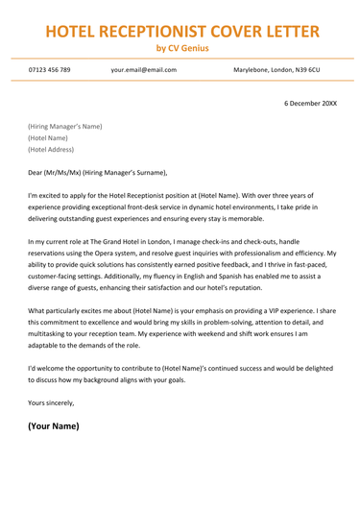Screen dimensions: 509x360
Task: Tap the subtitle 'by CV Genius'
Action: tap(180, 48)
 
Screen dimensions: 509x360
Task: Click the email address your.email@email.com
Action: tap(143, 70)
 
